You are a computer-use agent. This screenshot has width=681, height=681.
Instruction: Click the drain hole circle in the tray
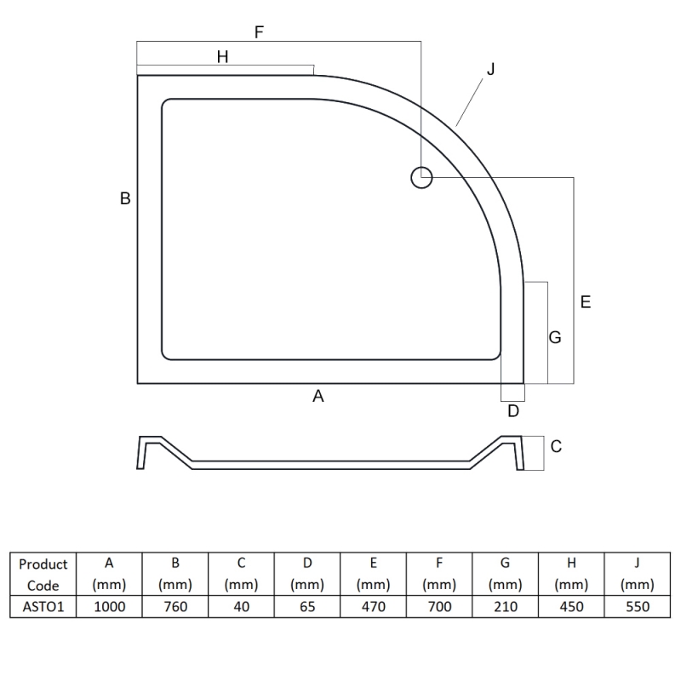coord(421,167)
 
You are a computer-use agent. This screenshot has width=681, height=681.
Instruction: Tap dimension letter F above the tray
coord(259,32)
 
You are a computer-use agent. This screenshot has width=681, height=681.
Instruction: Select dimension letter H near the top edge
coord(222,56)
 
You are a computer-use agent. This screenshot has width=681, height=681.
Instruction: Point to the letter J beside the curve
coord(491,69)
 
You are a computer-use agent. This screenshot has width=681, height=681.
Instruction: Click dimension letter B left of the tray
coord(125,198)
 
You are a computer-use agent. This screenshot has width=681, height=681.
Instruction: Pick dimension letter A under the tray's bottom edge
coord(318,396)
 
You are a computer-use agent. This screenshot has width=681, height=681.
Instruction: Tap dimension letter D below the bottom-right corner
coord(513,411)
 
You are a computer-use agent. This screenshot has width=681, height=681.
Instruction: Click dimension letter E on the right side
coord(586,302)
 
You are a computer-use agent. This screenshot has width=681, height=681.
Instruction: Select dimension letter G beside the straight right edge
coord(555,337)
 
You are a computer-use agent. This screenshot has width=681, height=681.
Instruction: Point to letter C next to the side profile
coord(556,446)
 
